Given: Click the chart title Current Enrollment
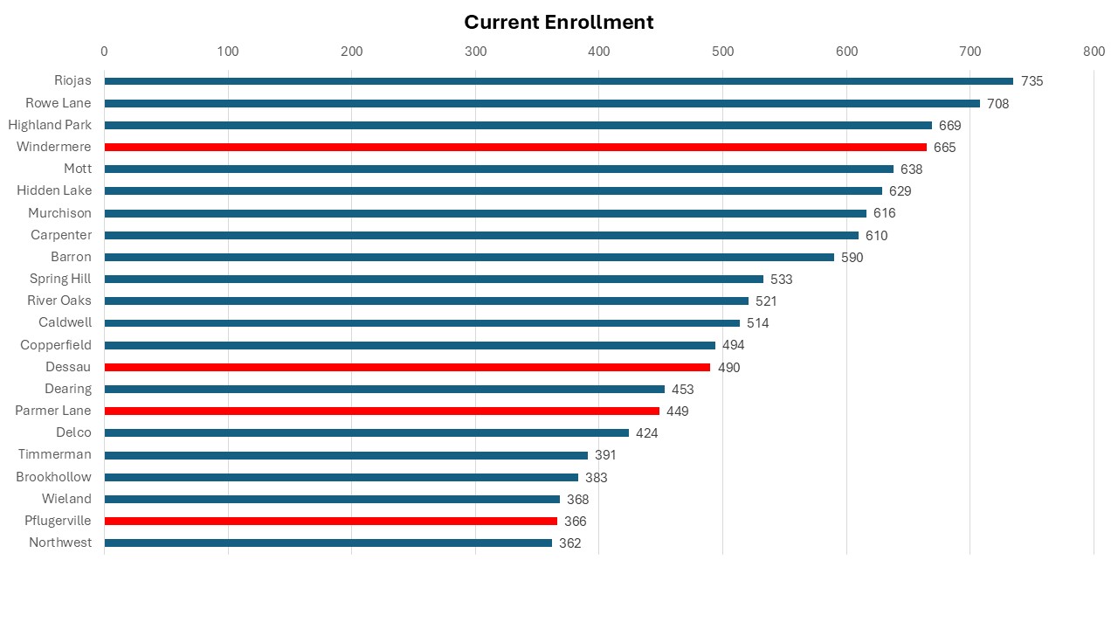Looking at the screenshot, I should (x=558, y=22).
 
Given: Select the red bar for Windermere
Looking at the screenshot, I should (x=515, y=147).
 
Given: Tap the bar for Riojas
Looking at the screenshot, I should (x=559, y=81).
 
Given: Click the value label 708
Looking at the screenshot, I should (x=997, y=104).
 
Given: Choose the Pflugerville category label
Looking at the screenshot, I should (x=58, y=521).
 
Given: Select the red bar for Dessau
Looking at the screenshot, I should (x=407, y=367).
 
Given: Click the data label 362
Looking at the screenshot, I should (x=569, y=543).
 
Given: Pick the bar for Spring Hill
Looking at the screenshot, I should (x=433, y=279).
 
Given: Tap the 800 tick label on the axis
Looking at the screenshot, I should (x=1094, y=52).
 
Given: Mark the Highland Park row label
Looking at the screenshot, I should (x=50, y=125).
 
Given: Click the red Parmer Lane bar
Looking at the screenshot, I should (x=382, y=411).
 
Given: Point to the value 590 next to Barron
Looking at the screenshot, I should (x=852, y=258).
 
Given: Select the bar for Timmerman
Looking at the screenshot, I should (x=346, y=455).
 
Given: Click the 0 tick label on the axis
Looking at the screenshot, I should (x=104, y=52).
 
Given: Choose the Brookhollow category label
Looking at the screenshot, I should (x=53, y=477).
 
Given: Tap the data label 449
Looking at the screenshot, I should (x=677, y=411).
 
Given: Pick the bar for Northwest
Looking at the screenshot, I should (x=328, y=543).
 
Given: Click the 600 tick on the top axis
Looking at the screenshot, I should (x=846, y=52).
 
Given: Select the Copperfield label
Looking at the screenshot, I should (x=56, y=345).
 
